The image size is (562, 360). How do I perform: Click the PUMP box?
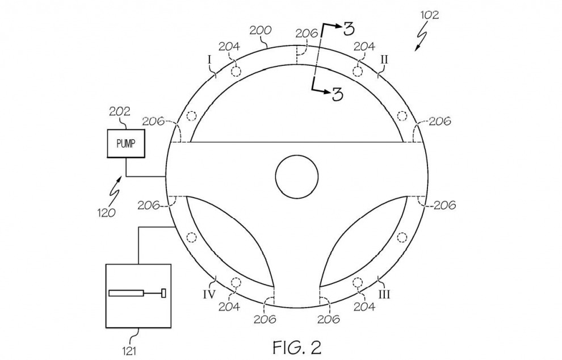(126, 144)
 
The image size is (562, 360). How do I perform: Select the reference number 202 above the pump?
(119, 111)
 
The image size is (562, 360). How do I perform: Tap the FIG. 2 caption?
(297, 347)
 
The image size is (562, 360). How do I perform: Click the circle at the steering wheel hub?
(297, 177)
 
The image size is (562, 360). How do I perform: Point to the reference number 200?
(261, 31)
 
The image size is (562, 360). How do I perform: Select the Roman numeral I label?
(210, 60)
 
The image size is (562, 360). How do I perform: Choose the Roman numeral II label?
(384, 59)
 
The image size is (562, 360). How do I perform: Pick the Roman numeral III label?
(384, 295)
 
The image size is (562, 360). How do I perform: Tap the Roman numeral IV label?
(209, 295)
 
